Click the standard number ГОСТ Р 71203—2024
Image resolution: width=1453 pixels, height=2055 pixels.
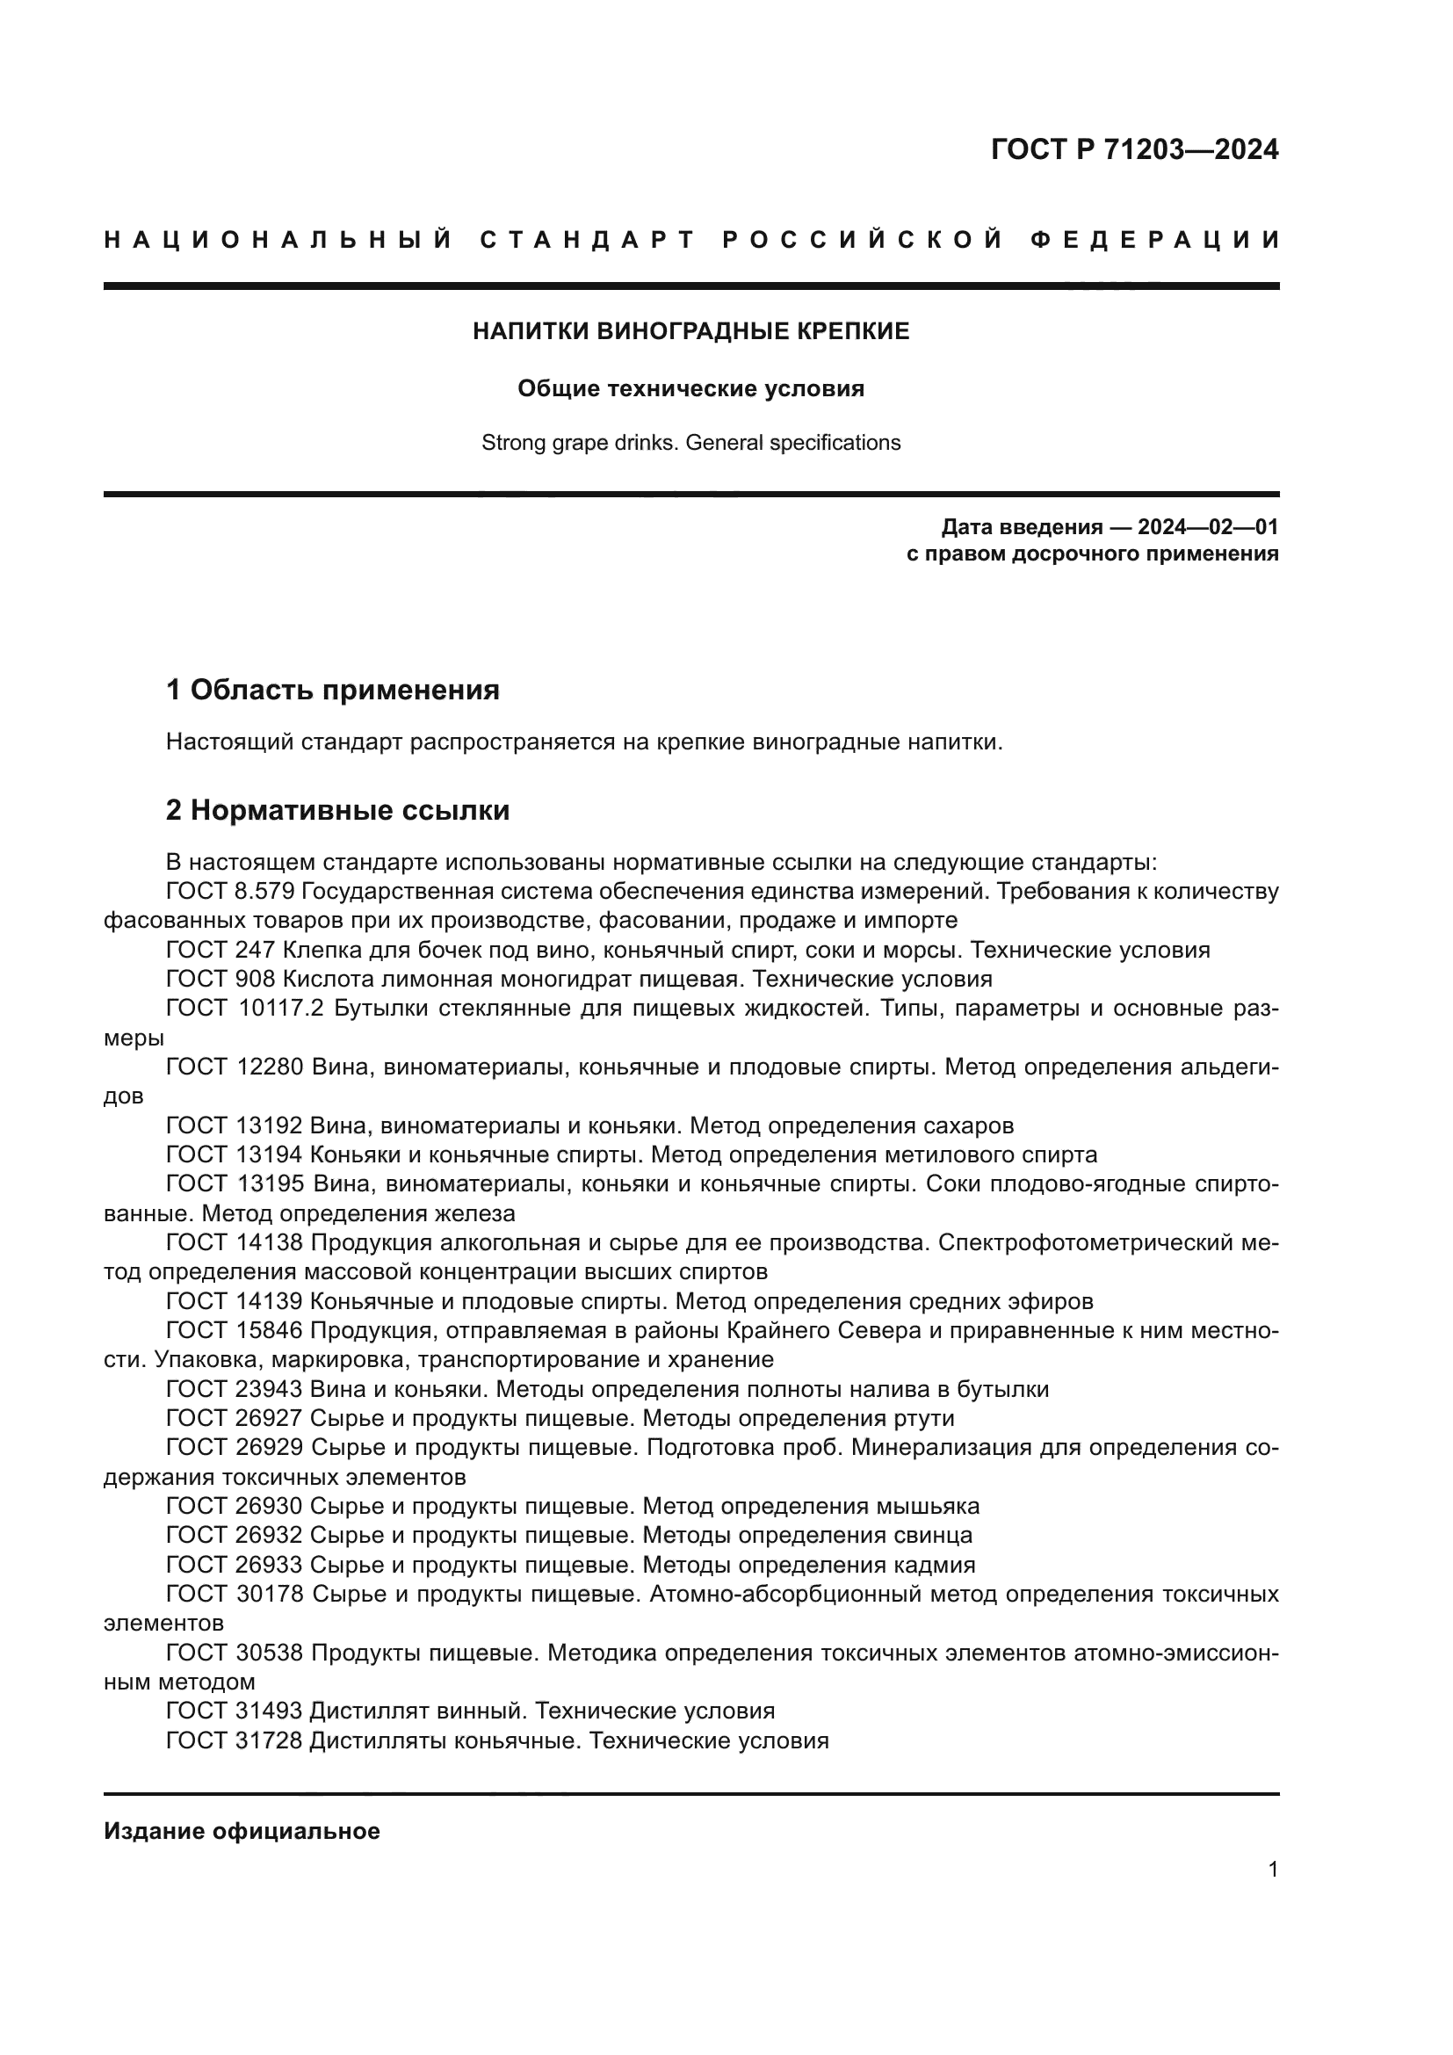(x=1133, y=149)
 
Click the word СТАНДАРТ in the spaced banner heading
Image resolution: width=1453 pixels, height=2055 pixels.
(x=587, y=240)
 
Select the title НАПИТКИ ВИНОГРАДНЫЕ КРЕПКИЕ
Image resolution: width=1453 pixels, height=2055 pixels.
(x=690, y=331)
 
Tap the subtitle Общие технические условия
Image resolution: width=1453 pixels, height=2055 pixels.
(x=690, y=388)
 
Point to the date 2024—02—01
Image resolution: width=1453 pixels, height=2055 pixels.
(x=1208, y=526)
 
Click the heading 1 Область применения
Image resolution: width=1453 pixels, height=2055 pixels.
(x=332, y=689)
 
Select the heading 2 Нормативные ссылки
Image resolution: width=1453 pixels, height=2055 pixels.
(x=337, y=810)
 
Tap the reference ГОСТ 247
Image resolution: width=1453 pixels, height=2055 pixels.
(x=220, y=950)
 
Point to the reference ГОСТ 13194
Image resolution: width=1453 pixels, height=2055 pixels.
(x=235, y=1154)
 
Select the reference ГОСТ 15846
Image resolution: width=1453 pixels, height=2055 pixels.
(x=235, y=1330)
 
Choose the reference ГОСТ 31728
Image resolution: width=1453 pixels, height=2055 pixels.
(x=235, y=1740)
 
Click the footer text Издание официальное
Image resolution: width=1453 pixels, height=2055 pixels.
(x=242, y=1831)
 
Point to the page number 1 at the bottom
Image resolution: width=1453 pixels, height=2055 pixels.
(x=1272, y=1870)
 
